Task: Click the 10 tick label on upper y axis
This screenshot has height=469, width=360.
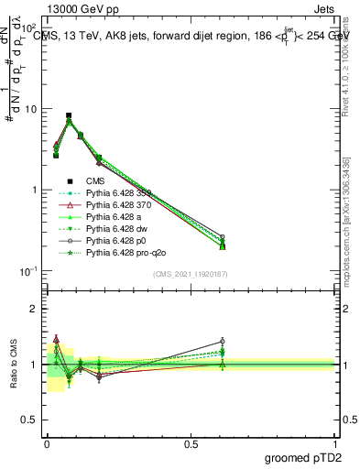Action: click(27, 109)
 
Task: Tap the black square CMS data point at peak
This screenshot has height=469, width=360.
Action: click(69, 115)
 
